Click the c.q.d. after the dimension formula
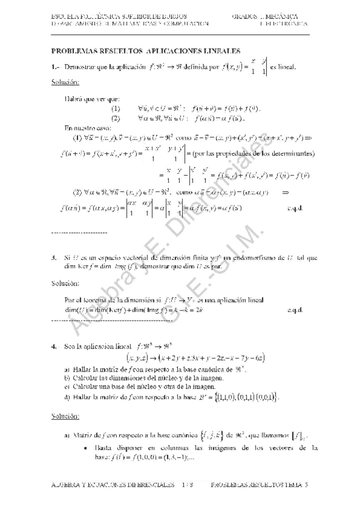tap(296, 310)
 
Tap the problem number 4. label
tap(54, 346)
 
